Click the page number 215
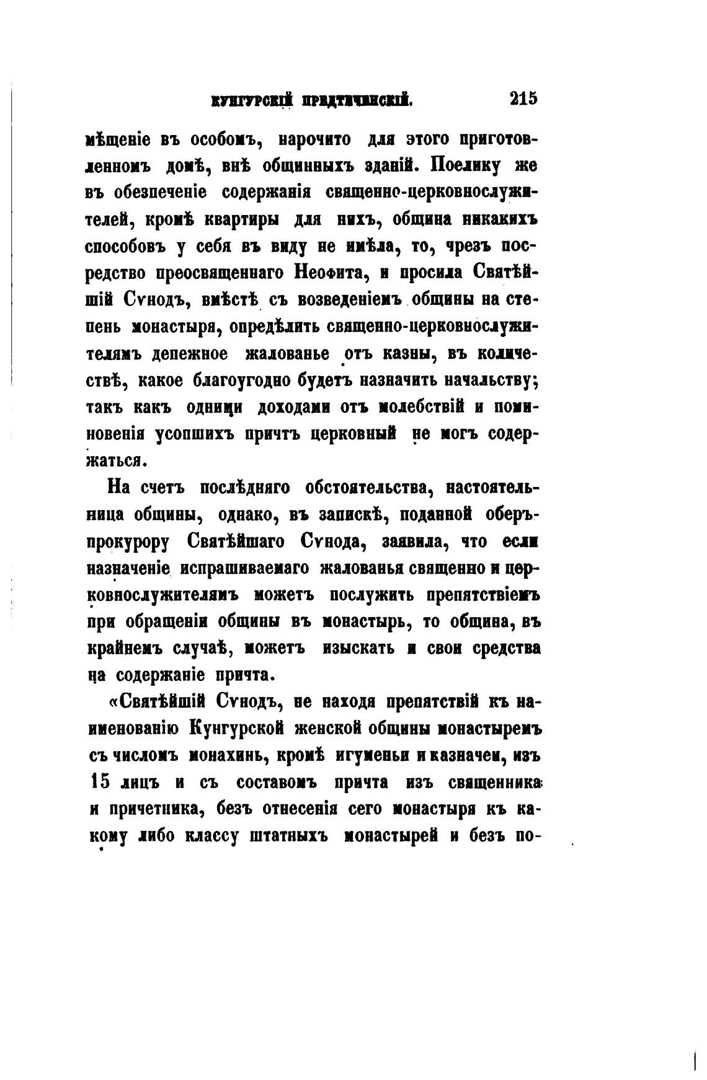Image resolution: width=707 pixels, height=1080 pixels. (x=523, y=99)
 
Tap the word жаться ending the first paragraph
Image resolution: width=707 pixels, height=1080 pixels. (x=116, y=461)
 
